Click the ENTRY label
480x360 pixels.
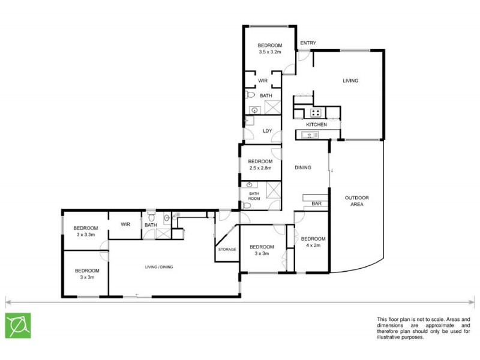(x=308, y=43)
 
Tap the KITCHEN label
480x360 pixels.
(x=316, y=124)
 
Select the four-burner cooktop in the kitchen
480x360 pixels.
(x=315, y=112)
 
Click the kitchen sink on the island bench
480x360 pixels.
(x=311, y=135)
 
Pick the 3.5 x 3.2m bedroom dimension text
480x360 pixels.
(x=269, y=52)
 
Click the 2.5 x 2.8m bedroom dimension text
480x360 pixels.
(x=260, y=168)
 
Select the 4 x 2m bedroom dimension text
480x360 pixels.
(x=313, y=245)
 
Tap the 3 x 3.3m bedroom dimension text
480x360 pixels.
(x=86, y=235)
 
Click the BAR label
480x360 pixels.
(x=316, y=205)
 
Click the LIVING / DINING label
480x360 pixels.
(x=158, y=266)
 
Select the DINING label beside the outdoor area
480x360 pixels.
(x=302, y=167)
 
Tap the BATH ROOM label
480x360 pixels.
(x=254, y=196)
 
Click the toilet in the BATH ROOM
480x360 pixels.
(x=247, y=205)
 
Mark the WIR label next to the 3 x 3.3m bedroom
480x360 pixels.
(x=125, y=224)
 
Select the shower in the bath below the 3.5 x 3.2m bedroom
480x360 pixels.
(x=274, y=107)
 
